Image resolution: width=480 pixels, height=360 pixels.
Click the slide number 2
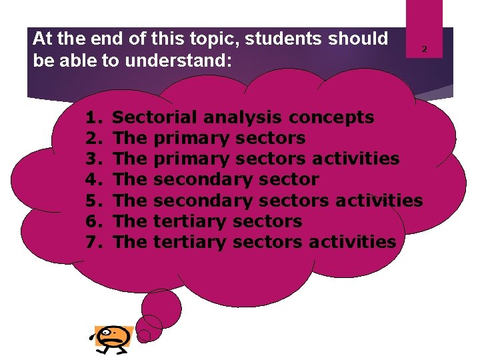click(x=423, y=49)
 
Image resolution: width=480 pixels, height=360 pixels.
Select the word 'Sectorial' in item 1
click(x=155, y=118)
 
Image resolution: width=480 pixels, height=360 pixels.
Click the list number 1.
click(x=93, y=118)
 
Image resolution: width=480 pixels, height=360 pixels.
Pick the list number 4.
click(x=93, y=180)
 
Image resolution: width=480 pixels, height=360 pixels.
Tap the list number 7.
click(x=93, y=242)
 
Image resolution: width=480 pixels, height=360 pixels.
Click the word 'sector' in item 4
click(x=289, y=180)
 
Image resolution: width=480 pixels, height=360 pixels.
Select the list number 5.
click(x=93, y=201)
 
